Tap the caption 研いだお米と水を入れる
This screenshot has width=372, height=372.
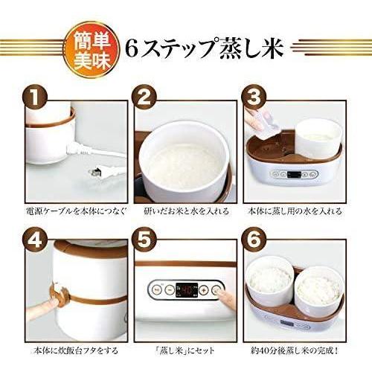click(x=186, y=211)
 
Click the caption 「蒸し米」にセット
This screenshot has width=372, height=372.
click(x=186, y=350)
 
